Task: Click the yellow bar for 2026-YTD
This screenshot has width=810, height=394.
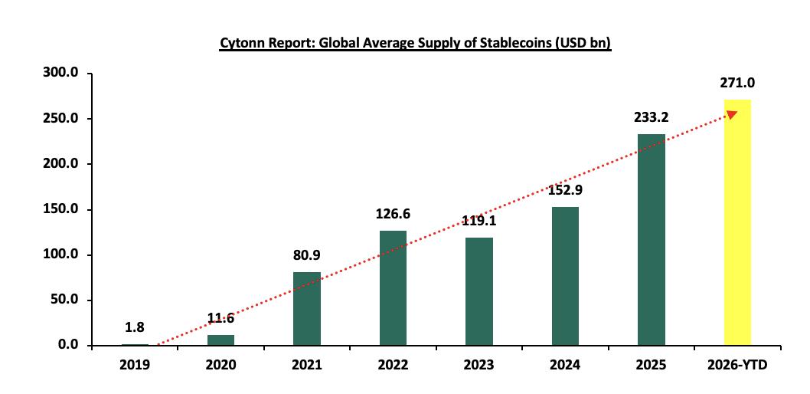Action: click(x=737, y=222)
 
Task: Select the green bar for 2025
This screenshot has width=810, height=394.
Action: click(x=652, y=239)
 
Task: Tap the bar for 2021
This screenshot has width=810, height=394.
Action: click(x=306, y=308)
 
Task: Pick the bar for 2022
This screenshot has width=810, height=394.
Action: click(x=393, y=287)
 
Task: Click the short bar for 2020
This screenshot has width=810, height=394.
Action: click(x=220, y=340)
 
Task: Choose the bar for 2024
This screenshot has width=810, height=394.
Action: click(x=565, y=276)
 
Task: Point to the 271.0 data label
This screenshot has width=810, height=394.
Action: click(x=737, y=84)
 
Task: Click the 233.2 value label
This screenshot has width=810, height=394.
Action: click(x=652, y=118)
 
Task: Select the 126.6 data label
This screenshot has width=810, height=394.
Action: click(x=393, y=215)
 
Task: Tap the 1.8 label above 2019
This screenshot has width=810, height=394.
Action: click(x=135, y=328)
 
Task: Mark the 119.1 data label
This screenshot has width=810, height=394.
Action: click(x=479, y=222)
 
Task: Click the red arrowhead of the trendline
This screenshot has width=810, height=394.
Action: click(x=732, y=114)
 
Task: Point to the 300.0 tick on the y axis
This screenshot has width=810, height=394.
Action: click(x=64, y=74)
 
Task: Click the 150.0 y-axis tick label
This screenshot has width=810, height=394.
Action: click(x=64, y=209)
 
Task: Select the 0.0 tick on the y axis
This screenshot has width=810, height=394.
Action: click(x=70, y=345)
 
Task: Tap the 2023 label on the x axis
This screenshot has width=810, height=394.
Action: click(x=479, y=366)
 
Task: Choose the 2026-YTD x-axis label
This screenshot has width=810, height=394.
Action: click(x=737, y=366)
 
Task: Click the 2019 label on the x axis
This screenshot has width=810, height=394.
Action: click(x=135, y=366)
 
